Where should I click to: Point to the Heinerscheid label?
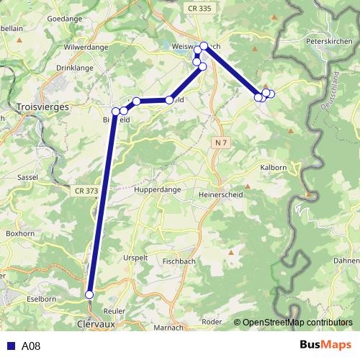[220, 194]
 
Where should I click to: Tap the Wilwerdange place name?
[86, 46]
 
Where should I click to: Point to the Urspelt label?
[136, 257]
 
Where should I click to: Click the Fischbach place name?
[177, 261]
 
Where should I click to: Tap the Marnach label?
[168, 328]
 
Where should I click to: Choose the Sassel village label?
[27, 176]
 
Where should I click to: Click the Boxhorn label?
[19, 233]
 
